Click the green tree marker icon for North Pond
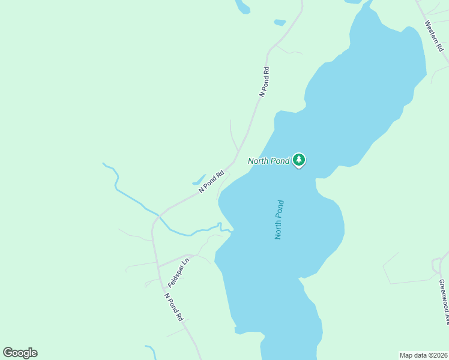[x=299, y=160]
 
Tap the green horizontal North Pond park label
[x=269, y=161]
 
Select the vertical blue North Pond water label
[x=279, y=220]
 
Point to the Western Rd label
[x=433, y=35]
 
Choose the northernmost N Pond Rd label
[x=264, y=82]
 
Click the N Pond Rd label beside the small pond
[x=211, y=182]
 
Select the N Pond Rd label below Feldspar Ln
[x=173, y=307]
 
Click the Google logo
[x=20, y=353]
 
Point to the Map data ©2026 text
[x=424, y=355]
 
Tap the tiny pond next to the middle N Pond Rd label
[x=198, y=179]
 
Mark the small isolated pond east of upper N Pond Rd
[x=280, y=23]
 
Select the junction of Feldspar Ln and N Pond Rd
[x=158, y=267]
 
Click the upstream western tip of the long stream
[x=104, y=163]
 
